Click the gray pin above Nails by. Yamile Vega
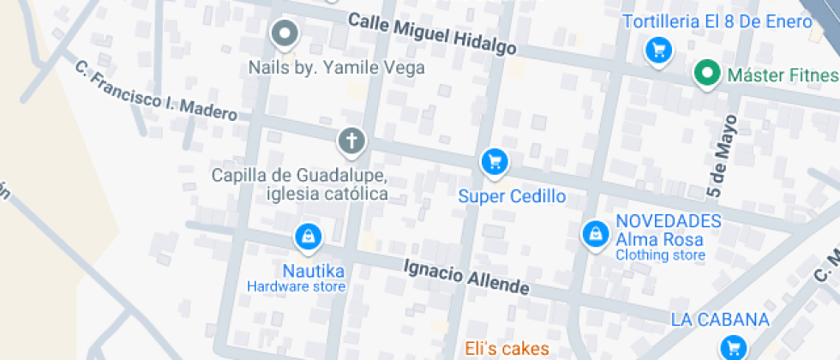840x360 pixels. click(284, 35)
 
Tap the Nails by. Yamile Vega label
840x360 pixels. click(336, 68)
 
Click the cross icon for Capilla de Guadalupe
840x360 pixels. click(351, 141)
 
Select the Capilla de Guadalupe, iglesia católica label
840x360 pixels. click(300, 184)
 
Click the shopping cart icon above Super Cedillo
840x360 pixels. click(494, 161)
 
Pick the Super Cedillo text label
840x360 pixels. click(512, 196)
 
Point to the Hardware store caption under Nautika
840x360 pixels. click(296, 287)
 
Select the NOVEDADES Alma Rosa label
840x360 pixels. click(668, 230)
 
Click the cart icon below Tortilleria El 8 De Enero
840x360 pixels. click(657, 51)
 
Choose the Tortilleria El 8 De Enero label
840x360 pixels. click(717, 22)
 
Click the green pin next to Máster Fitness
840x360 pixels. click(707, 74)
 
